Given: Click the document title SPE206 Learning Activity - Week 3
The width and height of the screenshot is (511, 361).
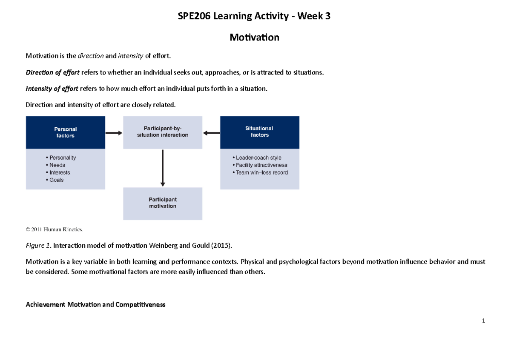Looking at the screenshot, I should point(254,17).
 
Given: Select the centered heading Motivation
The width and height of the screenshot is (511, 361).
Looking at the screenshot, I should point(254,37).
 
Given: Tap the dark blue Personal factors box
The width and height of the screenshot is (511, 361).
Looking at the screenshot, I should point(65,132).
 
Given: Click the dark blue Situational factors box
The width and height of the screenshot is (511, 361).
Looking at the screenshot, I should point(259,132).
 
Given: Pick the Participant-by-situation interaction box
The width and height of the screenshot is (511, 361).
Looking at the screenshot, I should point(163,132).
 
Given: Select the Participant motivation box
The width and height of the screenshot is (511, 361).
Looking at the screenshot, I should point(163,203).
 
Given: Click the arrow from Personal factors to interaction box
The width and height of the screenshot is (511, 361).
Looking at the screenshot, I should point(114,133).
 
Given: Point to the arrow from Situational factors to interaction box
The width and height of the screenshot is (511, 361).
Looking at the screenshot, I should point(211,133).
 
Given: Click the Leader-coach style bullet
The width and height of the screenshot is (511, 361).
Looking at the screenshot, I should point(257,158).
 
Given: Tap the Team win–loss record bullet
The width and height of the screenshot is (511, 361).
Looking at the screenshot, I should point(260,172).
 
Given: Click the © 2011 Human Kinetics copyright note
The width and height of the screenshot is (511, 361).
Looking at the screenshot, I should point(55,229).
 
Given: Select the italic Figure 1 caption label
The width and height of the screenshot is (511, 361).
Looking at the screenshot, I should point(37,246).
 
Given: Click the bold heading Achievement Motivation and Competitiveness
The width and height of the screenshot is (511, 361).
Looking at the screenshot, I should point(95,305).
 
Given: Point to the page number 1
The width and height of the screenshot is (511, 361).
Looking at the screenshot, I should point(484,321).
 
